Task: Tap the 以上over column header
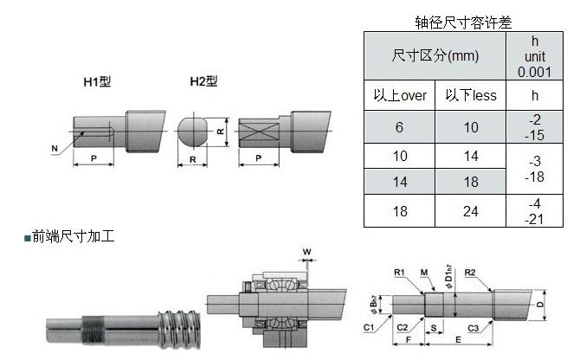(x=399, y=95)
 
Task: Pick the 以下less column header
(x=470, y=95)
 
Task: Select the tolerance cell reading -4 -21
(x=534, y=211)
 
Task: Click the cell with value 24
(x=470, y=211)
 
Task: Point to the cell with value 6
(x=399, y=126)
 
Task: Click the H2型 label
(x=203, y=82)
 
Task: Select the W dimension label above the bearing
(x=306, y=253)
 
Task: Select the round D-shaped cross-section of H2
(x=194, y=132)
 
